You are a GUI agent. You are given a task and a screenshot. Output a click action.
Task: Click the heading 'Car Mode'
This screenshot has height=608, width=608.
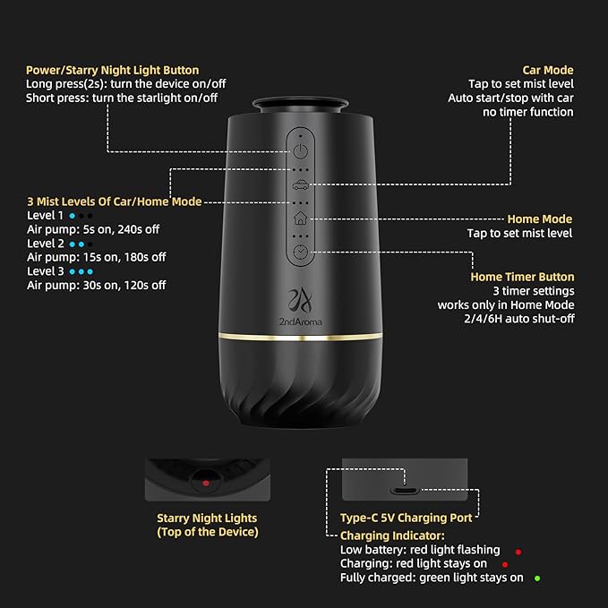pos(548,70)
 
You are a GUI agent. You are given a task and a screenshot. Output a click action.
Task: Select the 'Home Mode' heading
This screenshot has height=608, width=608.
pos(539,218)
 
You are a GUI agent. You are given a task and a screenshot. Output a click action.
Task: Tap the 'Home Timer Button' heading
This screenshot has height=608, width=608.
pos(522,277)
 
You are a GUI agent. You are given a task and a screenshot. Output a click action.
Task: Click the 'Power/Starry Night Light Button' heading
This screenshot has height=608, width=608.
pos(113,70)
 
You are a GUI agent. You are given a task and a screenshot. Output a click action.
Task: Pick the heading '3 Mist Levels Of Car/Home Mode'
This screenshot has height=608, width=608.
pos(114,201)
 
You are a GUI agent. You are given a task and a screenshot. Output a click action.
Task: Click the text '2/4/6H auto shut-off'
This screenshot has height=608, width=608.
pos(518,319)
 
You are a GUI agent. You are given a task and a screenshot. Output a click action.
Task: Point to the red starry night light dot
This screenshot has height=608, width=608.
pos(206,482)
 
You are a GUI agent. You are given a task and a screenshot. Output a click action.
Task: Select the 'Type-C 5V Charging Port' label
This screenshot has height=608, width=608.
pos(407,518)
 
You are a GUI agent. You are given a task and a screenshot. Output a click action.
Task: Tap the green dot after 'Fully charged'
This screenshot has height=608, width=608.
pos(537,578)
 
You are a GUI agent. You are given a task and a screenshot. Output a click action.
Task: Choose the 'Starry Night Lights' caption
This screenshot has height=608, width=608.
pos(207,518)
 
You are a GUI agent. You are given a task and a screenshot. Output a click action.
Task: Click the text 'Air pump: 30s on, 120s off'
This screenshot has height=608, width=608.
pos(97,285)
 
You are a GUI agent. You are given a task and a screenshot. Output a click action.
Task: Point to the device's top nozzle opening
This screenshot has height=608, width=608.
pos(302,104)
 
